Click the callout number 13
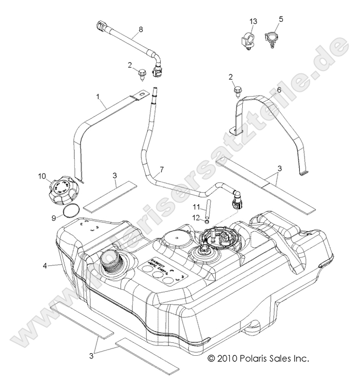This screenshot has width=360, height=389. coord(253,21)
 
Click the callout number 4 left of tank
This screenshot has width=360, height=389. coord(46,266)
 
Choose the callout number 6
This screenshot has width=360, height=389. coord(279,90)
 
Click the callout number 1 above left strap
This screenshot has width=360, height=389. coord(98,97)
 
